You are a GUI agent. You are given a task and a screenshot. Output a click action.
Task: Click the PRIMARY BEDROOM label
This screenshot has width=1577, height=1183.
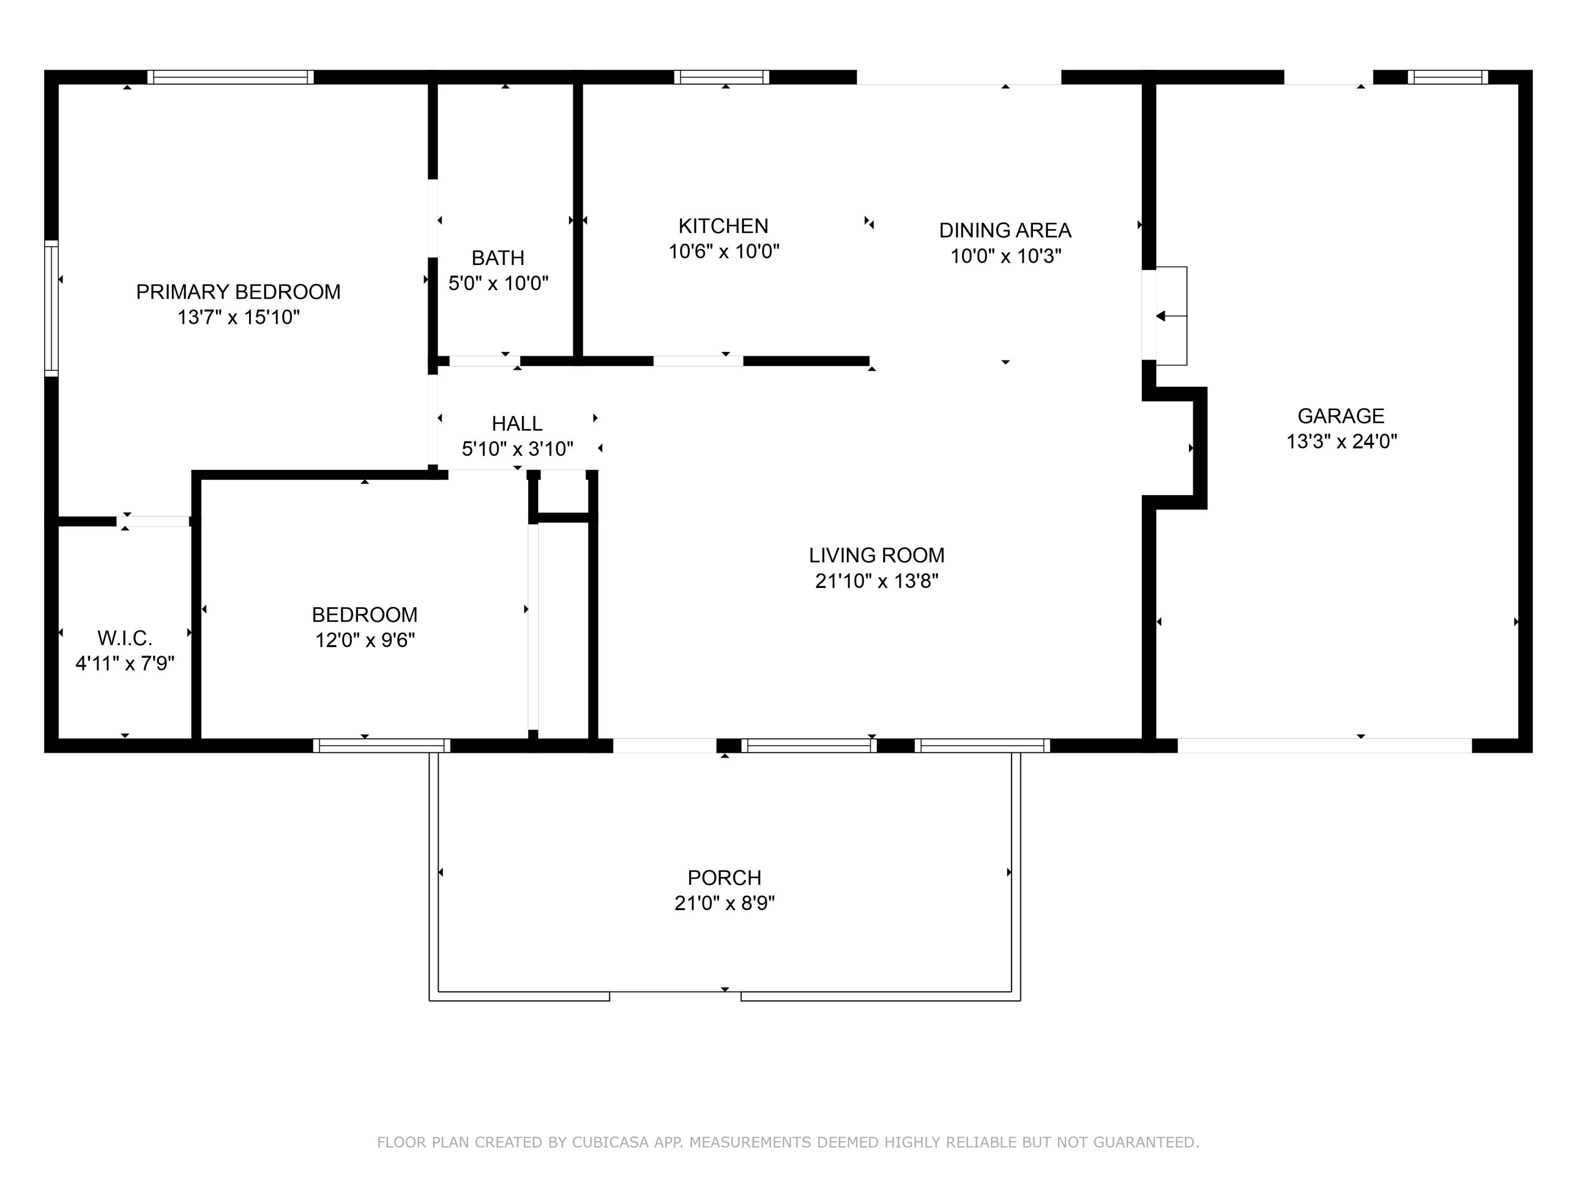[x=238, y=292]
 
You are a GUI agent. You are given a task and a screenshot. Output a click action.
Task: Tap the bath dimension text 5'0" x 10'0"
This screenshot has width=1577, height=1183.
[x=498, y=283]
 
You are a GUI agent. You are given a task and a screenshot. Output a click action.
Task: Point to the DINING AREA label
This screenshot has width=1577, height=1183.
[x=1005, y=230]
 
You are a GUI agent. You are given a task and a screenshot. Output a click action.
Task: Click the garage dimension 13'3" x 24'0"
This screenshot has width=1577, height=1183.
[x=1341, y=442]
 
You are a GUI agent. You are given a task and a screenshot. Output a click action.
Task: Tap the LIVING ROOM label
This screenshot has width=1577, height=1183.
[x=876, y=555]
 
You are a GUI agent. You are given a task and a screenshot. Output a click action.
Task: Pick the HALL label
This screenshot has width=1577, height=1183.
[x=517, y=424]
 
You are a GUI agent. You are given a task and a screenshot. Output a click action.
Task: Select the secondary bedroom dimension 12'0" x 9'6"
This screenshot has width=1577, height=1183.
[x=364, y=640]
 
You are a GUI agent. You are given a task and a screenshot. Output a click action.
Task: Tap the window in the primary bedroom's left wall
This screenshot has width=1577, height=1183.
[x=52, y=308]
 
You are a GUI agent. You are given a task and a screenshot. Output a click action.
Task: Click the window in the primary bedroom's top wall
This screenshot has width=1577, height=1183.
[x=230, y=77]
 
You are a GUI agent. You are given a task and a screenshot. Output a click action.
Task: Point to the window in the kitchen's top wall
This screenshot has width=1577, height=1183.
[x=722, y=77]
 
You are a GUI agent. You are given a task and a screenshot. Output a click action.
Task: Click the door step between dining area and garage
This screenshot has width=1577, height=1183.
[x=1171, y=316]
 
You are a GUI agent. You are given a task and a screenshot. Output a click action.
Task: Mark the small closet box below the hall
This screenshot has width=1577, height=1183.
[x=562, y=492]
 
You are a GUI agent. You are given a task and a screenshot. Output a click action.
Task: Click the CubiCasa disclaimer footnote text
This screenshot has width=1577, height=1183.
[x=788, y=1143]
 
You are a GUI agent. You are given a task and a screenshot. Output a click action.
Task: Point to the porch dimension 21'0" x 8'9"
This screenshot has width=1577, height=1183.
[x=724, y=903]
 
